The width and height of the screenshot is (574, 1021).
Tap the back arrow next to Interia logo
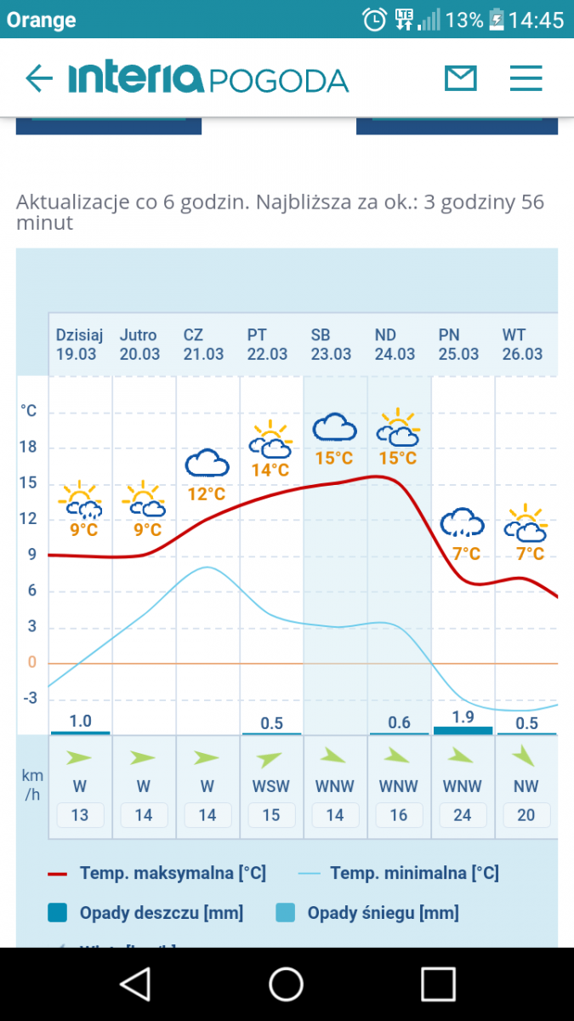pyautogui.click(x=39, y=79)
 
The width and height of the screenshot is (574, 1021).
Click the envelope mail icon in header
pyautogui.click(x=461, y=79)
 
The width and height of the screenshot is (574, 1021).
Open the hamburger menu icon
pyautogui.click(x=526, y=79)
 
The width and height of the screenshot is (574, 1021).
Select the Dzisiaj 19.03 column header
pyautogui.click(x=79, y=345)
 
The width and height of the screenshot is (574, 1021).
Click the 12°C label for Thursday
pyautogui.click(x=207, y=493)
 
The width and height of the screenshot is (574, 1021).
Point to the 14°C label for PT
pyautogui.click(x=270, y=470)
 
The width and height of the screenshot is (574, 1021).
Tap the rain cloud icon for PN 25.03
pyautogui.click(x=462, y=522)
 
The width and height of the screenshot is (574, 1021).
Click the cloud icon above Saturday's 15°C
pyautogui.click(x=334, y=427)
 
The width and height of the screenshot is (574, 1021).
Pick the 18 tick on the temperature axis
pyautogui.click(x=29, y=448)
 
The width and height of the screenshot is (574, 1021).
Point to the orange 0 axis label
pyautogui.click(x=32, y=663)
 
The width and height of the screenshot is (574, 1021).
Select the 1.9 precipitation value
pyautogui.click(x=463, y=717)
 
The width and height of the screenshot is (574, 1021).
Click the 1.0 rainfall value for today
pyautogui.click(x=80, y=722)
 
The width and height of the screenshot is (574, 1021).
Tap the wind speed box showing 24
pyautogui.click(x=463, y=815)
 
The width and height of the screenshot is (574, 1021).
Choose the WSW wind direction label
pyautogui.click(x=270, y=787)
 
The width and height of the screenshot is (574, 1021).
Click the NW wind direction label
pyautogui.click(x=526, y=787)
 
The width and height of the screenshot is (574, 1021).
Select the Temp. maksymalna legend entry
pyautogui.click(x=157, y=873)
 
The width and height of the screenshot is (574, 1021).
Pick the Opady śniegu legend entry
pyautogui.click(x=367, y=913)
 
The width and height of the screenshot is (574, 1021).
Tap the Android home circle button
pyautogui.click(x=287, y=984)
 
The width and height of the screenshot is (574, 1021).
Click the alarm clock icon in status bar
pyautogui.click(x=374, y=20)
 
